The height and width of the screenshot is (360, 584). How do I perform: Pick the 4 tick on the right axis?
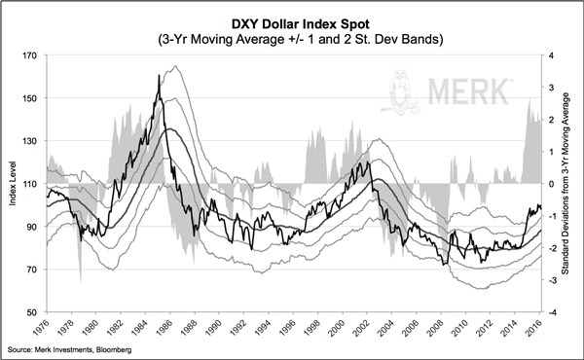551,55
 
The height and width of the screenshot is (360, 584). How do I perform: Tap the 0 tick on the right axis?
551,184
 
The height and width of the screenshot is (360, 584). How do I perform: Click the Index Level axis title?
11,185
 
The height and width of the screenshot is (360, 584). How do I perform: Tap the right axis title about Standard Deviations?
570,185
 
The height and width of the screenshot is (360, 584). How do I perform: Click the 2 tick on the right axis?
551,120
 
